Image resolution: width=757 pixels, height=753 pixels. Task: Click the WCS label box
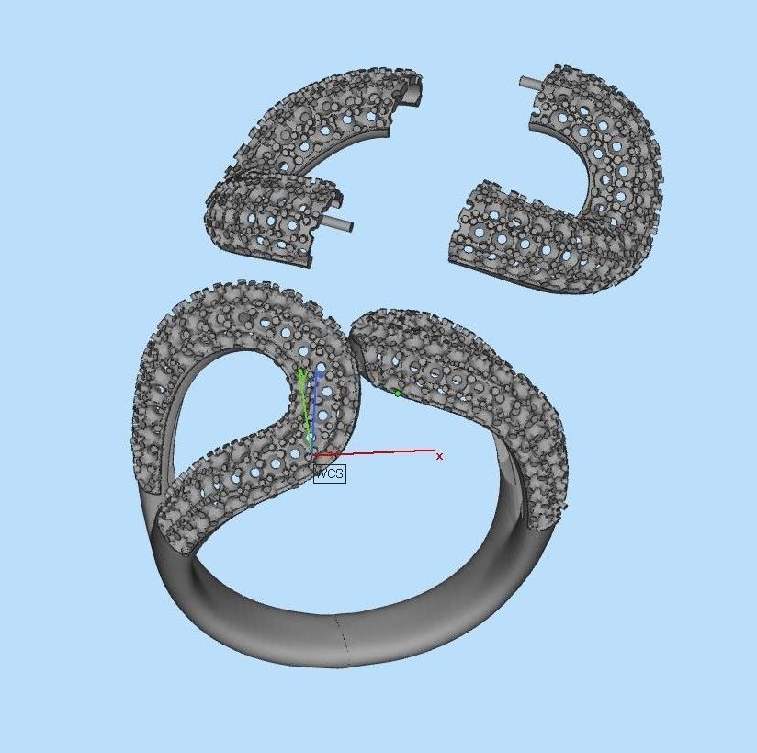tap(330, 473)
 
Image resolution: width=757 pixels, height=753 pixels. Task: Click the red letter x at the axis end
tap(439, 456)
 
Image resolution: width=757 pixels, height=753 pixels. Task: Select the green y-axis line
tap(306, 414)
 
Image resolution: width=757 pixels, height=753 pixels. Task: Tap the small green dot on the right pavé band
tap(398, 394)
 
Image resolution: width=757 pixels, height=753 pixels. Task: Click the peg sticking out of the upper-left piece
tap(337, 223)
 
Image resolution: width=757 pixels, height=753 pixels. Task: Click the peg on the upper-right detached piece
tap(531, 83)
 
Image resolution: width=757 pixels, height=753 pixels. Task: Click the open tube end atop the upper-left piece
tap(415, 90)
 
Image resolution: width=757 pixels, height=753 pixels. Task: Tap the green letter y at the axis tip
tap(300, 374)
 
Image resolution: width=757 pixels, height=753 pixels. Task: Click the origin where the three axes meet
tap(312, 455)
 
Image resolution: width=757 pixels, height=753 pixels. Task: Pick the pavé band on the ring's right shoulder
tap(478, 386)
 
